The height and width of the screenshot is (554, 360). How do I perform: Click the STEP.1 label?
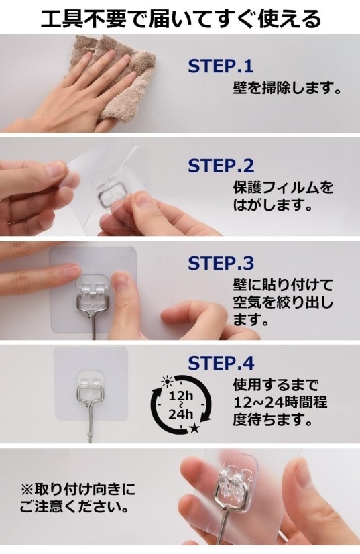point(221,66)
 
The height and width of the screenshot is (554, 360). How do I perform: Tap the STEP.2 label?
point(221,166)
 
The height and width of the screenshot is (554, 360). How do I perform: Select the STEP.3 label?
point(221,263)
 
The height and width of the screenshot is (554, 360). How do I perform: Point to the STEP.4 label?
point(221,363)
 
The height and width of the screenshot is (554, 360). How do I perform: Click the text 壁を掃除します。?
point(287,87)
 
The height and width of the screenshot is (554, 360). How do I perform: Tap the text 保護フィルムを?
point(283,187)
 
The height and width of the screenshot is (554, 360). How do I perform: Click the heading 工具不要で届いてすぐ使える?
point(180,18)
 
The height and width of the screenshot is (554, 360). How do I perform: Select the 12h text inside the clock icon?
point(180,396)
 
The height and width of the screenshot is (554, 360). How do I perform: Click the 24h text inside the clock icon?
point(180,413)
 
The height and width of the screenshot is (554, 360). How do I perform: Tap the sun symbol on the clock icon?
point(166,381)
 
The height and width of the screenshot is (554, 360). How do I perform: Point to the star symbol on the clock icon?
point(194,429)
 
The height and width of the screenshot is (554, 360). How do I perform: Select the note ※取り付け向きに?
point(78,490)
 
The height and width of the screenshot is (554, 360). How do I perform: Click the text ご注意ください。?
point(74,508)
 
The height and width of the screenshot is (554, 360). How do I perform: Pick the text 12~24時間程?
point(280,402)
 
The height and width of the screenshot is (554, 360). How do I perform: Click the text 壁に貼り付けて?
point(283,284)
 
